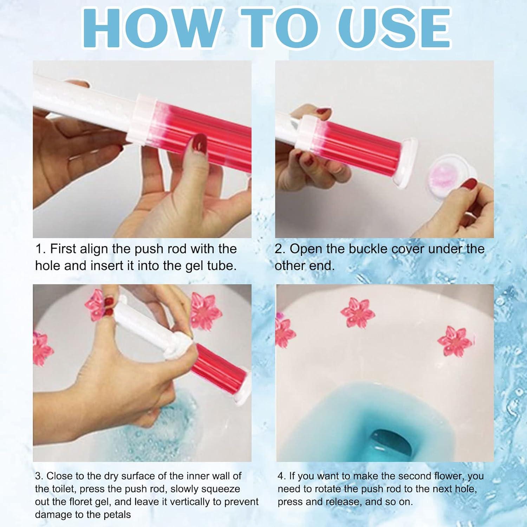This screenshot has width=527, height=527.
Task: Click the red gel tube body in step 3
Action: click(220, 365)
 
